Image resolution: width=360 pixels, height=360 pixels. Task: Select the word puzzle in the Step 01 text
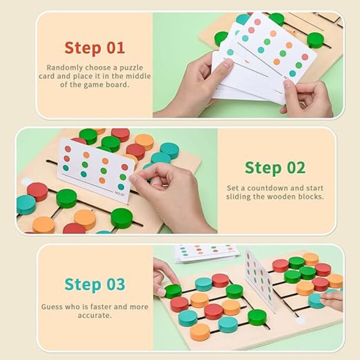(x=131, y=68)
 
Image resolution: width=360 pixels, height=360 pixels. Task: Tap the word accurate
(x=95, y=315)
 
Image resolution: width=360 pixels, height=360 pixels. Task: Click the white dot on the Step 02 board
(x=26, y=181)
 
